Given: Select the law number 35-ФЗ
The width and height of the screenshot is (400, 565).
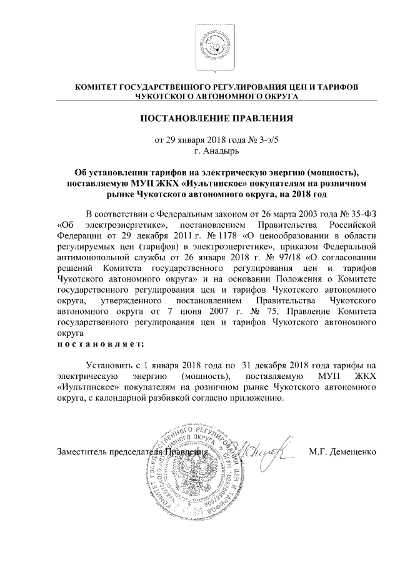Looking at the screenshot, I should click(360, 212).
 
